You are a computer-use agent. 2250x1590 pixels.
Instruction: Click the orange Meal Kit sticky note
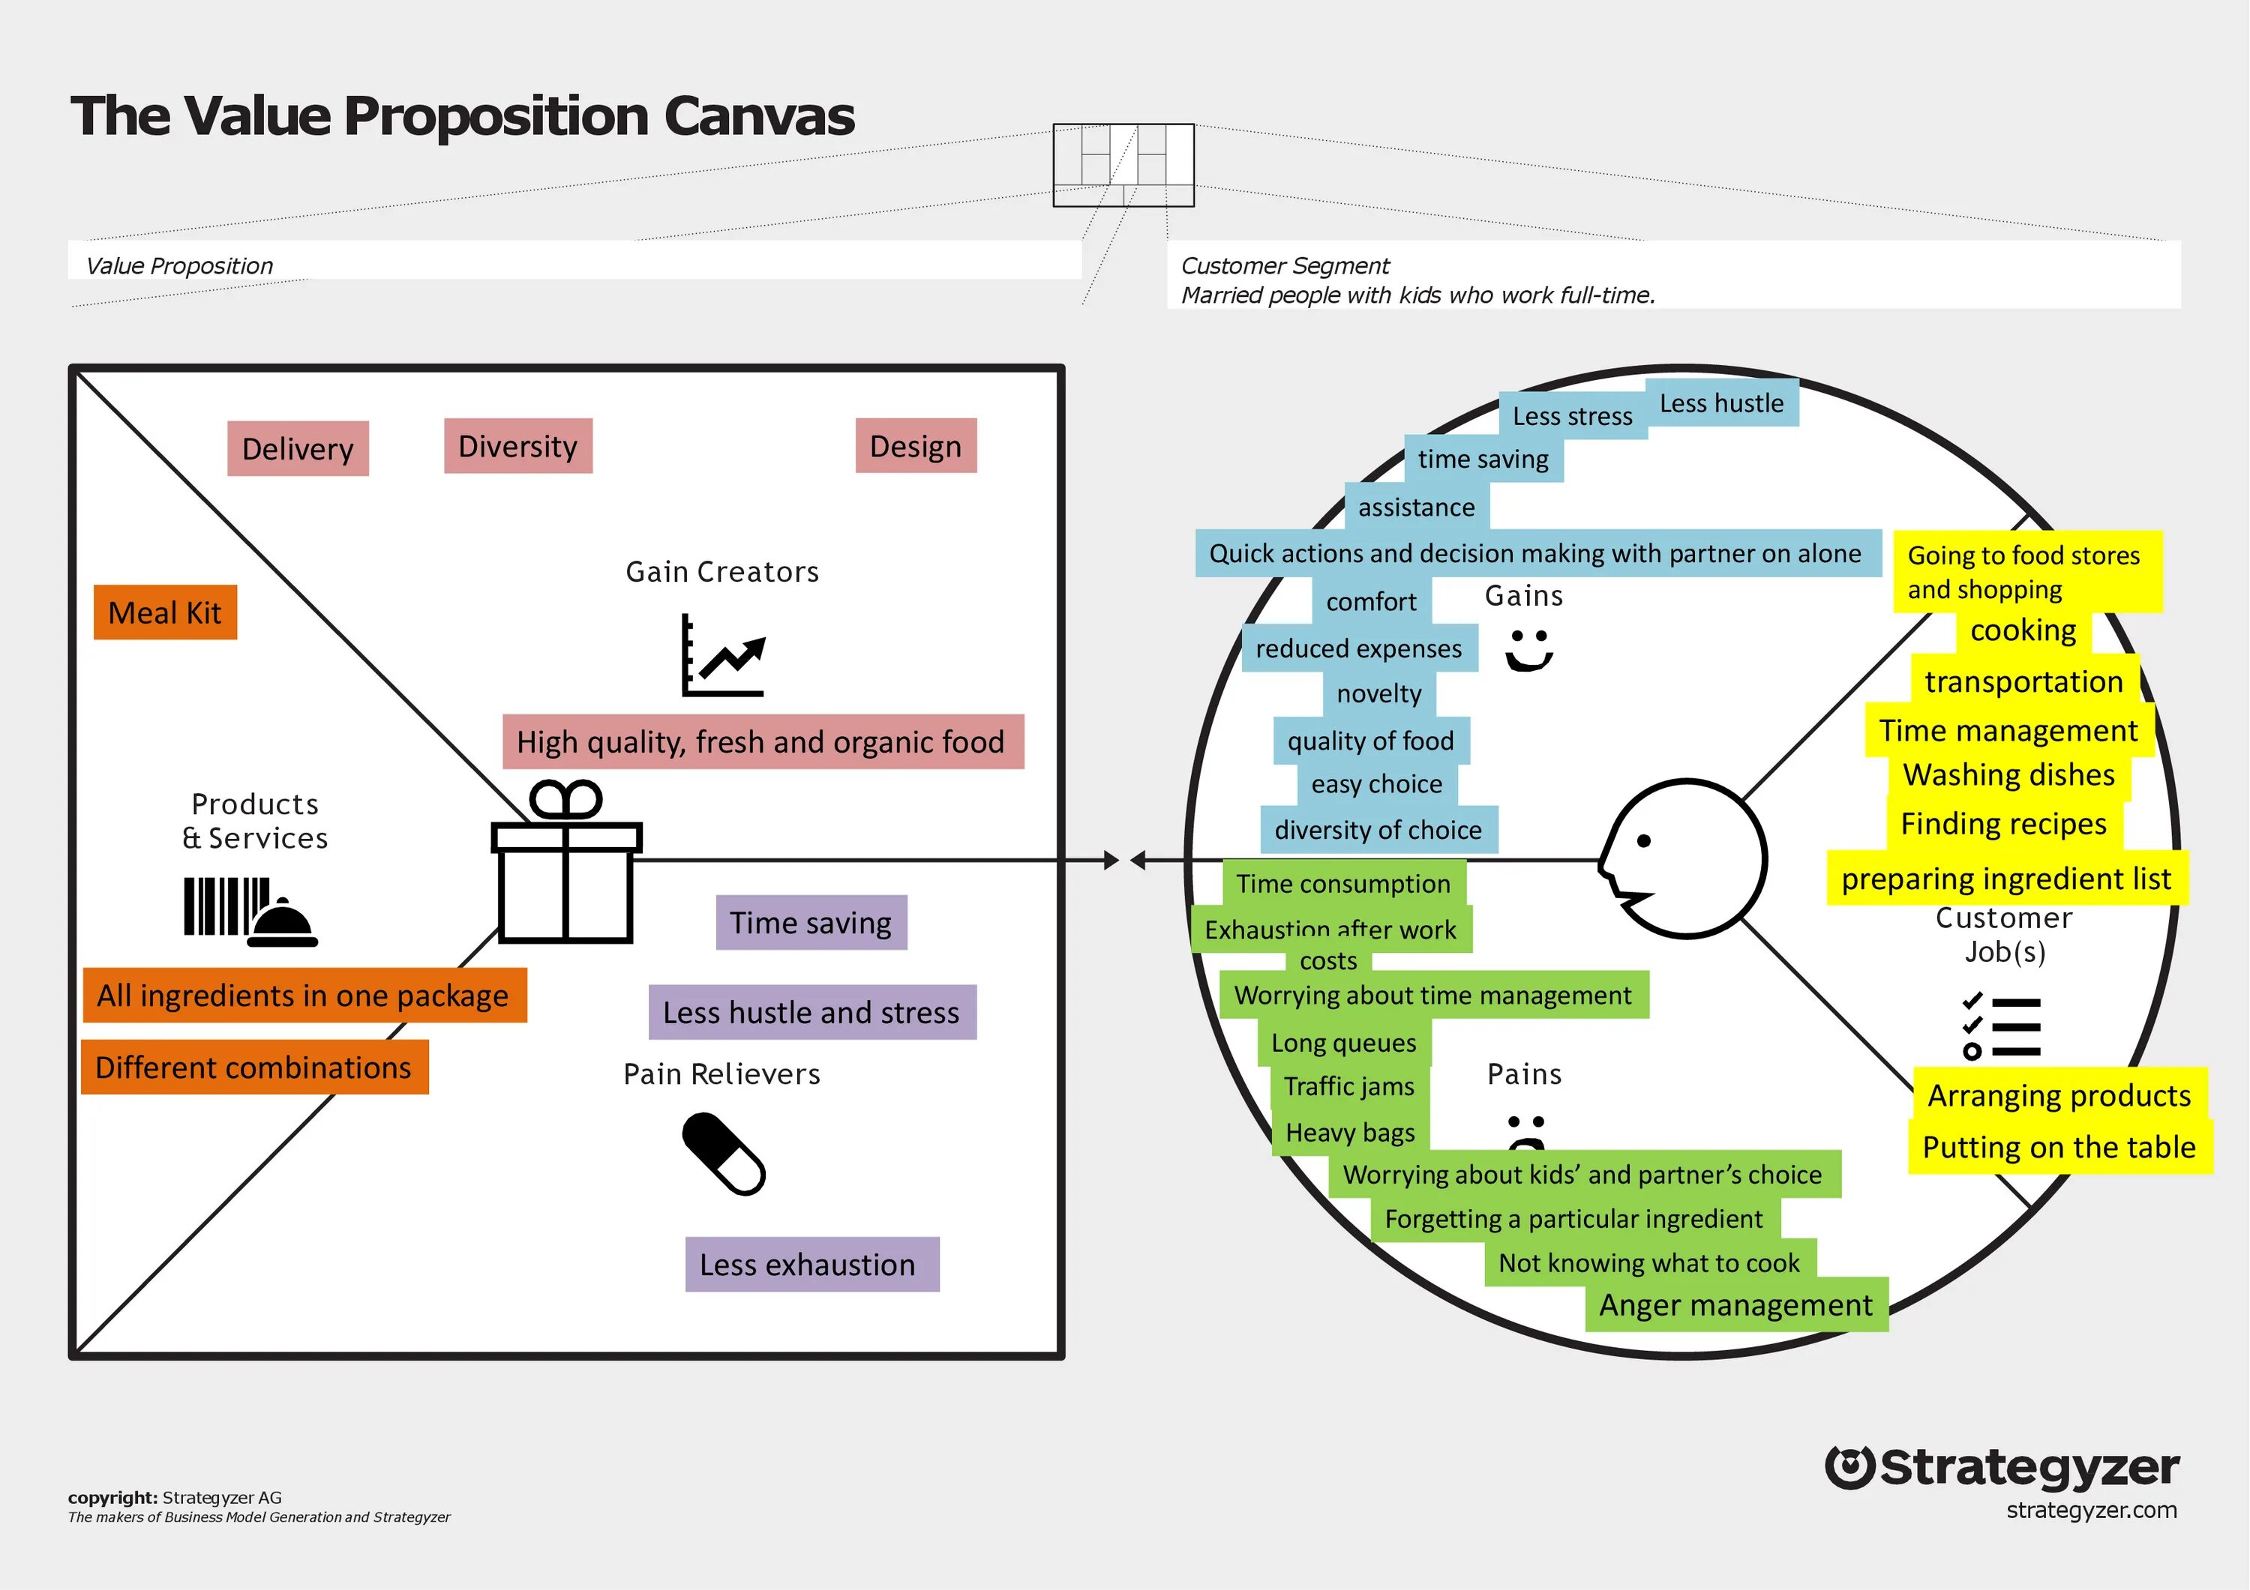pos(165,612)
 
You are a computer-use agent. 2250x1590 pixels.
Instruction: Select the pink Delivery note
pos(298,449)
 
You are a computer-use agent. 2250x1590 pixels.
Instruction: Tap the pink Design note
pos(915,446)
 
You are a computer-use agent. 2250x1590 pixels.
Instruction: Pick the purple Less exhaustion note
pos(811,1264)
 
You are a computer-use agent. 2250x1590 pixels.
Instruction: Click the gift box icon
pos(565,862)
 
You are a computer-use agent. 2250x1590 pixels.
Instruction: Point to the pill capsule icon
pos(723,1153)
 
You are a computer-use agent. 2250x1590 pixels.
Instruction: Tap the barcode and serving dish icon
pos(250,911)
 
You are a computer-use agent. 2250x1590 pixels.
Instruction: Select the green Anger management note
pos(1735,1305)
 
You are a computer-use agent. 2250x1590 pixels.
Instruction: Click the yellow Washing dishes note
pos(2009,775)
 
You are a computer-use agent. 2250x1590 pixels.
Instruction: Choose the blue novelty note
pos(1378,693)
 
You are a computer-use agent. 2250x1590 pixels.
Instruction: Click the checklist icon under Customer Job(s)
pos(2002,1026)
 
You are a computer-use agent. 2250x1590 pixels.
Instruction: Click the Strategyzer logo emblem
pos(1850,1468)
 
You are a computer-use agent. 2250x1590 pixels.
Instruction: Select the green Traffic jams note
pos(1349,1086)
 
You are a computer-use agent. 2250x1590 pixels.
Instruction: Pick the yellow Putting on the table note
pos(2059,1147)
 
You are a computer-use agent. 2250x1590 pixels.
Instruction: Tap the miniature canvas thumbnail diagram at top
pos(1123,165)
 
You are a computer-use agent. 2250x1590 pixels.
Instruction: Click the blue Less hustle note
pos(1722,403)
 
